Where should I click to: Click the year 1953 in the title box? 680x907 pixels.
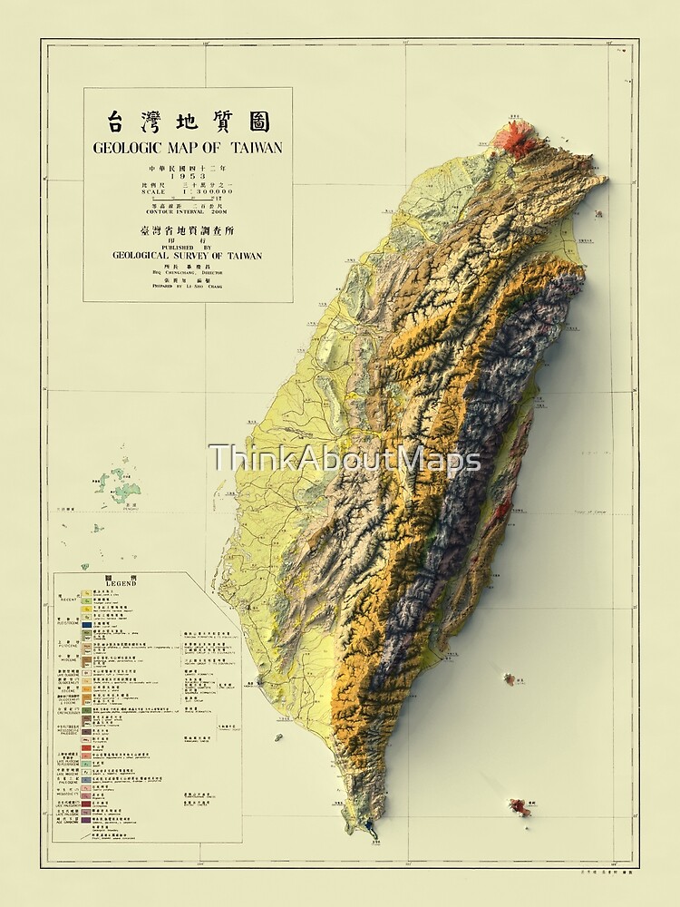(187, 175)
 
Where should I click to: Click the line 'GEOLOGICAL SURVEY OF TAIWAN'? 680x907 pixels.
(187, 256)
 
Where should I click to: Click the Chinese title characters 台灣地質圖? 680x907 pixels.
(188, 122)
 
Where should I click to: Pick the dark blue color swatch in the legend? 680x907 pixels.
(86, 625)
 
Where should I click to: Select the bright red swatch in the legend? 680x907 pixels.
(86, 746)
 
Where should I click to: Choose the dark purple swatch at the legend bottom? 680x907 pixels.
(86, 814)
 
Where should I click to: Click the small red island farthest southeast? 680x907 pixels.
(520, 805)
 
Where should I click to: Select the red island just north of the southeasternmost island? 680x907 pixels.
(510, 678)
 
